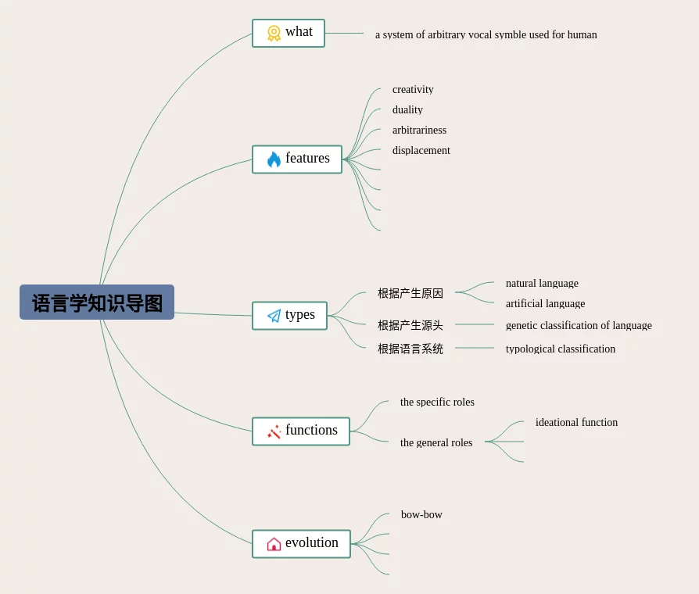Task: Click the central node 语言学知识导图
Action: pos(97,302)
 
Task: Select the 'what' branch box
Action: pos(289,33)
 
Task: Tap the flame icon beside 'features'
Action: pos(274,159)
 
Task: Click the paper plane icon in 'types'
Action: pos(274,316)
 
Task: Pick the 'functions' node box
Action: pos(301,431)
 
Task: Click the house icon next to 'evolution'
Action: pos(274,544)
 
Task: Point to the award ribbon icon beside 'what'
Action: pos(274,33)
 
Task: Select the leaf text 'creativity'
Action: pos(413,90)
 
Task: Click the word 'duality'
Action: pos(407,110)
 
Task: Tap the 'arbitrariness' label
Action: pos(419,131)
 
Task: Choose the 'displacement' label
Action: pos(421,151)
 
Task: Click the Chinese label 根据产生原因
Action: pos(410,293)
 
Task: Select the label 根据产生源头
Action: pos(410,325)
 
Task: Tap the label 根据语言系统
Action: pos(410,349)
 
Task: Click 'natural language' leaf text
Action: pos(542,284)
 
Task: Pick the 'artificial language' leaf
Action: pos(545,304)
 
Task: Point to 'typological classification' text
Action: pos(560,349)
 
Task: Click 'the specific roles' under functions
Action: pos(437,403)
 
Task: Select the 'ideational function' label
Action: pos(576,423)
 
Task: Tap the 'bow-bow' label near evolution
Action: pos(421,515)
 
